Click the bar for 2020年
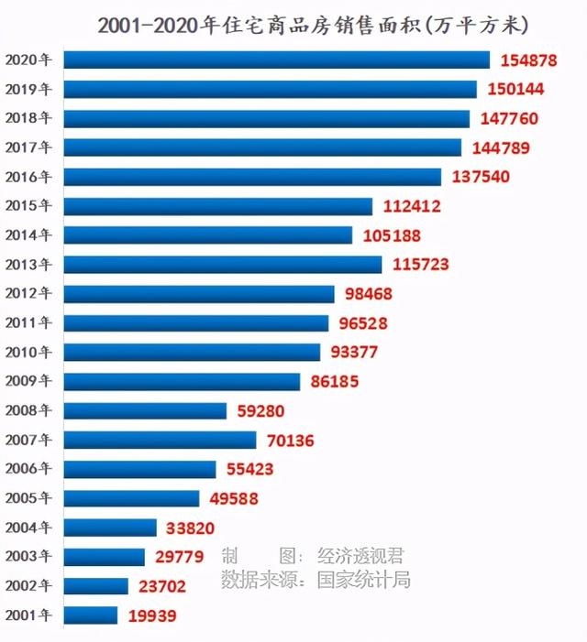click(x=277, y=60)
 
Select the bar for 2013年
click(x=223, y=265)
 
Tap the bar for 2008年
click(x=145, y=411)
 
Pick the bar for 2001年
click(x=91, y=615)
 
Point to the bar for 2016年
click(x=252, y=177)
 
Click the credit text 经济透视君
click(x=360, y=556)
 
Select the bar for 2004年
click(x=110, y=528)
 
